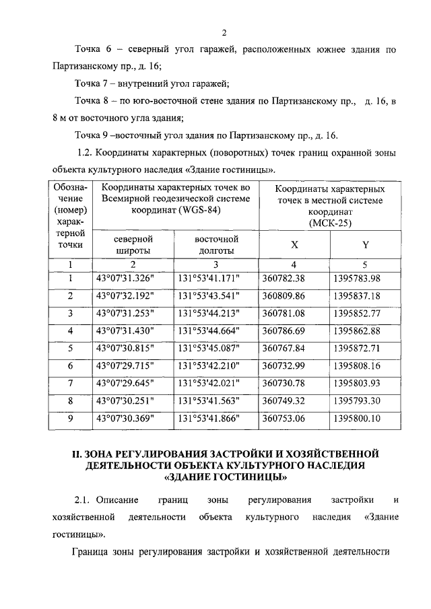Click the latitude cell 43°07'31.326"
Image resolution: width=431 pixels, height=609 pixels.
point(125,278)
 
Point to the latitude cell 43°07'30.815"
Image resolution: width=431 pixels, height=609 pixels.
point(125,348)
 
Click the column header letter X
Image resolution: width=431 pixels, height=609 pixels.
point(294,245)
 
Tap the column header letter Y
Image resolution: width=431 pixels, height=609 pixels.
point(365,245)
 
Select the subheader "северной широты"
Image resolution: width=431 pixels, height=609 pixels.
point(133,245)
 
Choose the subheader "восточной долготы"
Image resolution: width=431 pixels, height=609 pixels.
point(216,245)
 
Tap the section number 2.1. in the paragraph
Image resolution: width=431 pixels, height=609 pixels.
point(82,500)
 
